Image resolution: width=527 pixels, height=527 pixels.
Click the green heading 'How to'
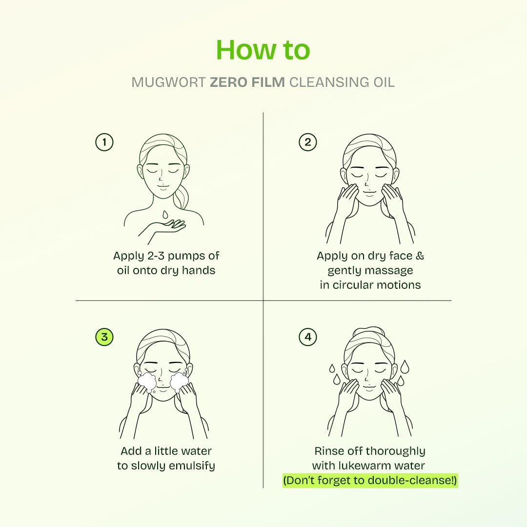263,49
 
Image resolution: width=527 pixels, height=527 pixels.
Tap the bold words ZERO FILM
247,82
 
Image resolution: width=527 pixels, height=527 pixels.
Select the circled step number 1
104,142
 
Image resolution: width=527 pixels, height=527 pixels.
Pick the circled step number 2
307,142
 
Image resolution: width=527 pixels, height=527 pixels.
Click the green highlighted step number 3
104,337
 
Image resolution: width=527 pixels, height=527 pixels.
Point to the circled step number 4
307,337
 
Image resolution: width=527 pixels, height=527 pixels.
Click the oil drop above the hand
165,214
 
